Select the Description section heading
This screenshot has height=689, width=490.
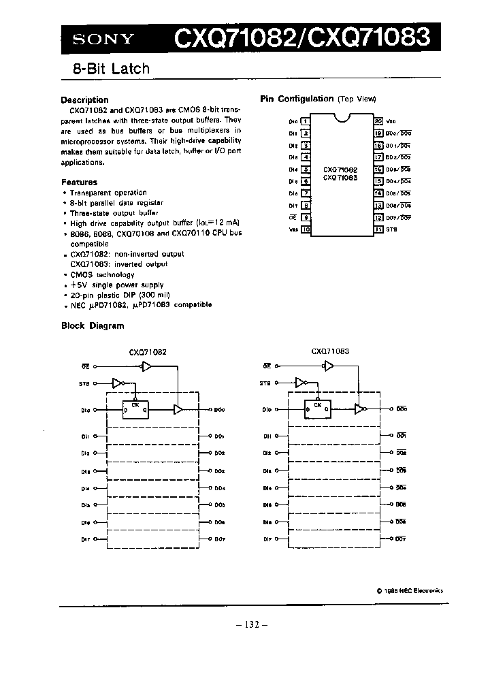tap(84, 99)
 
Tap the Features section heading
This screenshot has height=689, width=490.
tap(79, 182)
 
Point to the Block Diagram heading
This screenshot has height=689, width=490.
tap(93, 325)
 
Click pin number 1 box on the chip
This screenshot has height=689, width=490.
tap(306, 121)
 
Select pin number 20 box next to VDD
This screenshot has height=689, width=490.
tap(378, 121)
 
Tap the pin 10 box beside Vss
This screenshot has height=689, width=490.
tap(306, 229)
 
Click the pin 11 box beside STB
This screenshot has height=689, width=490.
tap(378, 229)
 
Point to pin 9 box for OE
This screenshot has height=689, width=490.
tap(306, 217)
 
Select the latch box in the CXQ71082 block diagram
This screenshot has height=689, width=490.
tap(136, 409)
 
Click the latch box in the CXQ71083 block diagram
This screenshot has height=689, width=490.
tap(317, 409)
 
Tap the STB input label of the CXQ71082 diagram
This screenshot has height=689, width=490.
tap(84, 384)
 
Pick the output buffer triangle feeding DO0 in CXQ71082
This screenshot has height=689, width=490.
tap(178, 409)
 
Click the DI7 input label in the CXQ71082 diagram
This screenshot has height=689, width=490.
tap(85, 539)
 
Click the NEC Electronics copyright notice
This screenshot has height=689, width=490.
tap(409, 591)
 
